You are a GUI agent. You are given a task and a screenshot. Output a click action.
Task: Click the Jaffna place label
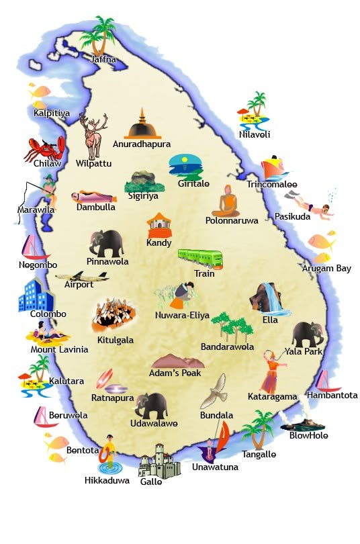pyautogui.click(x=103, y=59)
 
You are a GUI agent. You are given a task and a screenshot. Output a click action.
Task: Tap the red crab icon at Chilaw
pyautogui.click(x=45, y=148)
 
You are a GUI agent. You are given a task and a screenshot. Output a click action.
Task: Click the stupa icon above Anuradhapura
pyautogui.click(x=142, y=124)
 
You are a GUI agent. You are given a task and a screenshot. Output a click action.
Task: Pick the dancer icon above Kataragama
pyautogui.click(x=272, y=371)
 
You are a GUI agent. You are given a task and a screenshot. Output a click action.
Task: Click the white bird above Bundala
pyautogui.click(x=216, y=391)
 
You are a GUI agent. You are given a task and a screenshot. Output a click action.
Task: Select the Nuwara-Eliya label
pyautogui.click(x=181, y=315)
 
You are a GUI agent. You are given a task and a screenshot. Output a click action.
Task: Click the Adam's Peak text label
pyautogui.click(x=176, y=373)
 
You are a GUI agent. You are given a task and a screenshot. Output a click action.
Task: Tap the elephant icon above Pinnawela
pyautogui.click(x=107, y=242)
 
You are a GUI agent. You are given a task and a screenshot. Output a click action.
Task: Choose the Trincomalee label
pyautogui.click(x=271, y=184)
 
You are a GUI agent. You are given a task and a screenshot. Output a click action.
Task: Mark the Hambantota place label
pyautogui.click(x=332, y=395)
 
